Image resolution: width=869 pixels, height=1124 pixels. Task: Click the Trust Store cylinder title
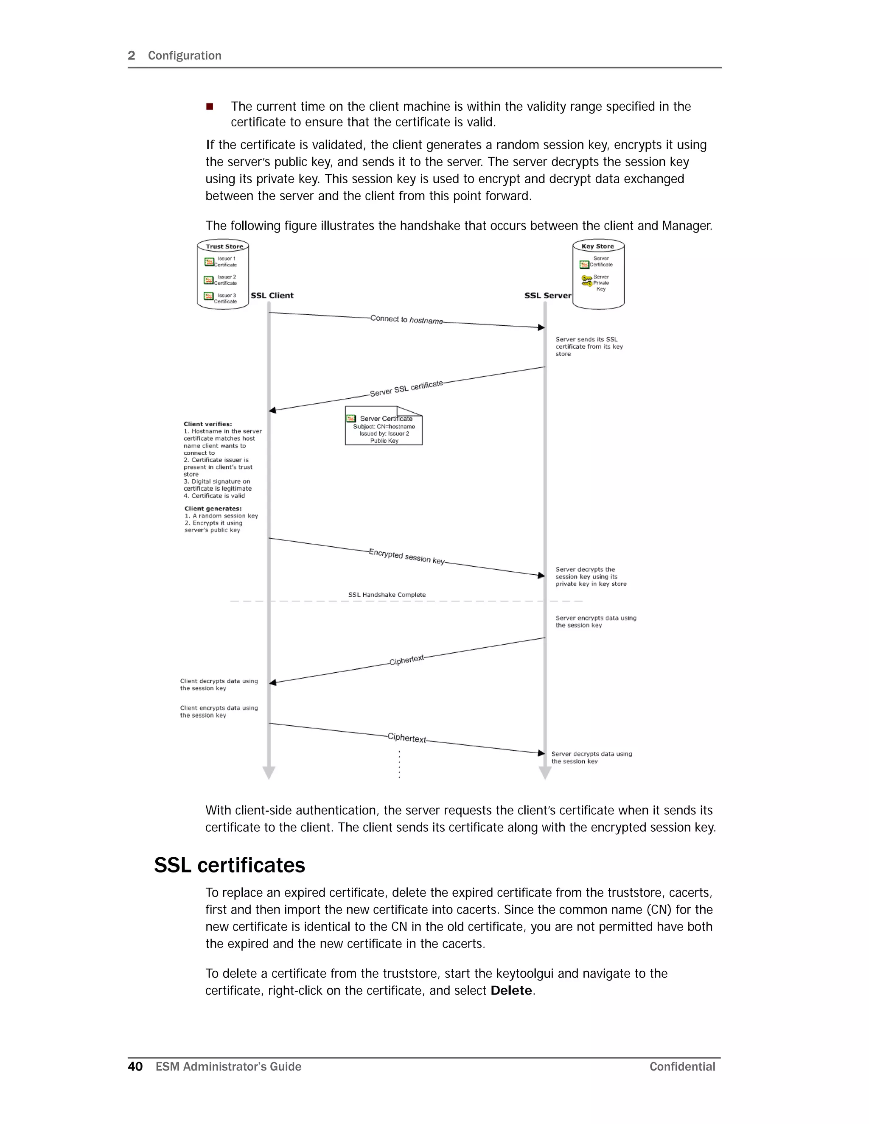point(224,246)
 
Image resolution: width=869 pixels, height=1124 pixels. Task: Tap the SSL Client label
point(272,295)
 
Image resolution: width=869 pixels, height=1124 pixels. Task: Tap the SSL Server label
point(547,295)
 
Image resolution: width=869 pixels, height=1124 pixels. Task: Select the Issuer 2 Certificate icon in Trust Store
point(208,280)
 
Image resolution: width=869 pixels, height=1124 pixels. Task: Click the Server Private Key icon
point(586,281)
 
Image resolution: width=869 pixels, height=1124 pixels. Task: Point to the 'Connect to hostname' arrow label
point(406,320)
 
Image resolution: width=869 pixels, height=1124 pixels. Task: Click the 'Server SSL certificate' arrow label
point(406,389)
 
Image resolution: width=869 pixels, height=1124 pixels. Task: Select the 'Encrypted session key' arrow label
point(406,556)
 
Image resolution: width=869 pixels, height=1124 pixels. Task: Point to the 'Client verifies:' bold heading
point(207,424)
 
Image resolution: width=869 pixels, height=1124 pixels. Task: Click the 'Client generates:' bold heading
point(213,509)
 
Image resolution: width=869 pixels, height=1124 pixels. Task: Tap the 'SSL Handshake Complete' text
point(387,594)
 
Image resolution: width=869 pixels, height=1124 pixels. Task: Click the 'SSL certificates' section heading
point(229,866)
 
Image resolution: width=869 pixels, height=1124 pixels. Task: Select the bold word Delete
point(511,991)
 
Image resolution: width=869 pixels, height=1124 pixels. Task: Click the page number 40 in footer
point(135,1066)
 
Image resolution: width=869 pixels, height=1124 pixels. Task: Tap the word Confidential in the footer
point(682,1066)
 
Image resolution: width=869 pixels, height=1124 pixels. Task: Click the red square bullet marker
point(210,106)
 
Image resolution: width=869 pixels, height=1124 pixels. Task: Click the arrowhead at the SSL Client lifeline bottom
point(269,772)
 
